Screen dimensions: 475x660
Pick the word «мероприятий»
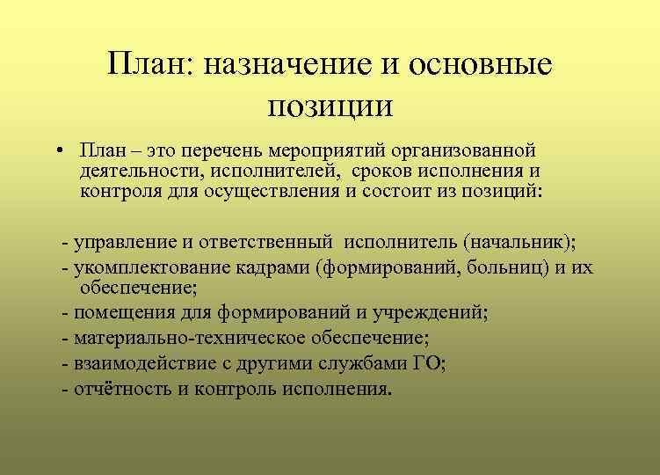pyautogui.click(x=330, y=150)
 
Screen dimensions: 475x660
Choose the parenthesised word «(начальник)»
pyautogui.click(x=522, y=241)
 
